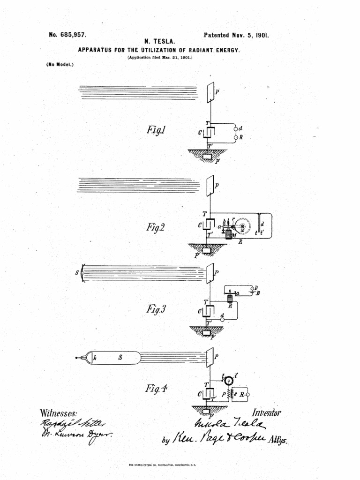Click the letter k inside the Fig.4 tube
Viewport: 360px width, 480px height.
tap(95, 358)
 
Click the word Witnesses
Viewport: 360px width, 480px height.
tap(59, 414)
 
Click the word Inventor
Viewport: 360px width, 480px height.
tap(266, 413)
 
